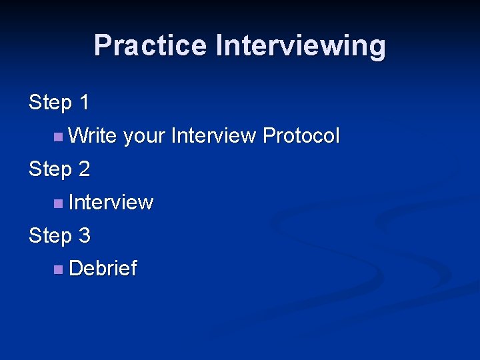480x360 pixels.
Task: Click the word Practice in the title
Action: (150, 45)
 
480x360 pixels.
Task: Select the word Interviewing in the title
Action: (300, 45)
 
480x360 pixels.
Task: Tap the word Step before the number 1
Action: (51, 103)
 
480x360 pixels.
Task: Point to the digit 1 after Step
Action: (84, 103)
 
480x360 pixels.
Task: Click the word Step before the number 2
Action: (51, 169)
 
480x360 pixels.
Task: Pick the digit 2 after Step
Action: (84, 169)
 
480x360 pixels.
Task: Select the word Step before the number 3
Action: (51, 236)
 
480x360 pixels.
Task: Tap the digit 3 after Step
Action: (84, 236)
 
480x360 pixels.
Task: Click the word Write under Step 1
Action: (93, 136)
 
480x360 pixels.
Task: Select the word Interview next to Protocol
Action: (213, 136)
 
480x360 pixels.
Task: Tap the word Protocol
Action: (301, 136)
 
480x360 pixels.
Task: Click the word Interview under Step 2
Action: (111, 203)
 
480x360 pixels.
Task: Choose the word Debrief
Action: (103, 269)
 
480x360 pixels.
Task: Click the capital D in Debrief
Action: (75, 269)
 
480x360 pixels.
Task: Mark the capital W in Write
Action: (77, 136)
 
